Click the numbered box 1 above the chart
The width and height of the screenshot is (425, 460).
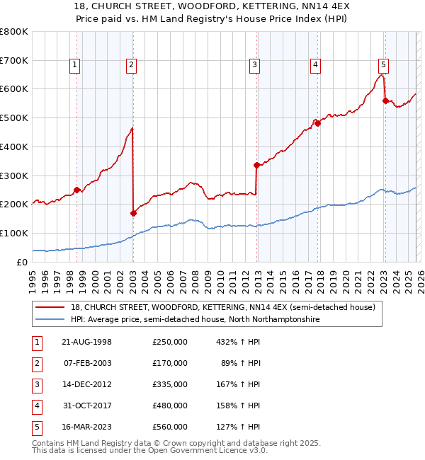click(75, 66)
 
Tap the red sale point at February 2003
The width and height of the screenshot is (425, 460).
click(133, 212)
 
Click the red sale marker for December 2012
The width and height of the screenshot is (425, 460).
click(256, 165)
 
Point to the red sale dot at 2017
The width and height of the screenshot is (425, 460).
click(317, 123)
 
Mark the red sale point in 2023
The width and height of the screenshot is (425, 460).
click(385, 100)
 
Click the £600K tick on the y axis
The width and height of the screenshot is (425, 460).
click(14, 89)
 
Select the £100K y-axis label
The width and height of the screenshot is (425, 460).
click(14, 233)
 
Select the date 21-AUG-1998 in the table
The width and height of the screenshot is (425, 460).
click(88, 342)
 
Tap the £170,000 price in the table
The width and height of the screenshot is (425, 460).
click(169, 363)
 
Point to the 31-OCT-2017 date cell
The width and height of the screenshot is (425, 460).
click(88, 406)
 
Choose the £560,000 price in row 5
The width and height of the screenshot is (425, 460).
click(169, 427)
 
